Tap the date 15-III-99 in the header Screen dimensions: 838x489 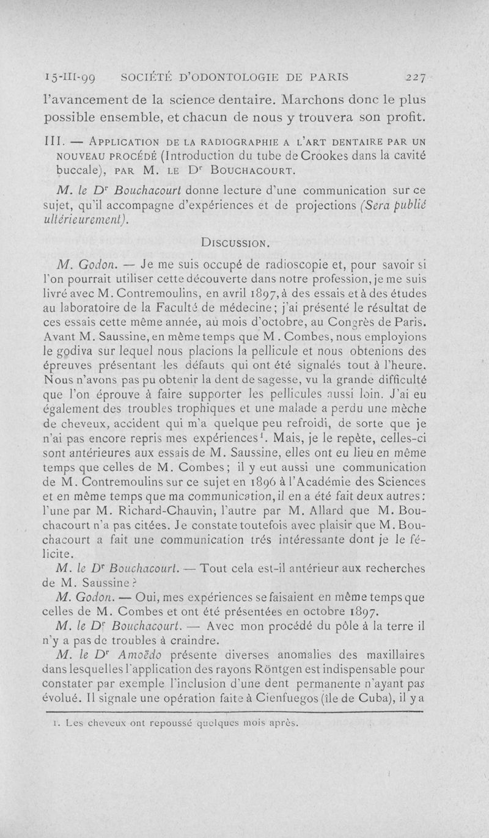[x=86, y=78]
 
